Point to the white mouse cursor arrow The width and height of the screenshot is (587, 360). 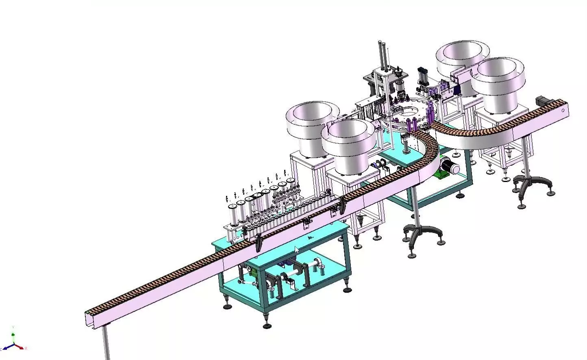point(297,250)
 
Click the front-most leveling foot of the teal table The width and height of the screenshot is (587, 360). point(267,324)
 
